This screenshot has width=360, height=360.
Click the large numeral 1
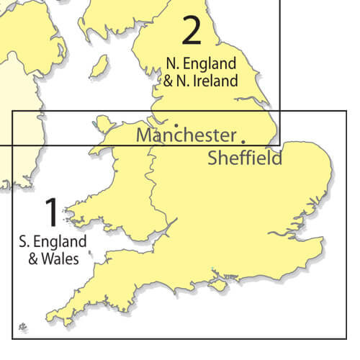click(51, 213)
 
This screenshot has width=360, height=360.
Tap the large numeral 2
click(192, 31)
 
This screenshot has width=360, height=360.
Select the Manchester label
click(186, 135)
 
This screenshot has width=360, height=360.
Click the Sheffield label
click(245, 158)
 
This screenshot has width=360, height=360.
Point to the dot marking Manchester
click(176, 124)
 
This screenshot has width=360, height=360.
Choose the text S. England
click(53, 240)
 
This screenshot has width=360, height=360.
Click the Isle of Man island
click(98, 66)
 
